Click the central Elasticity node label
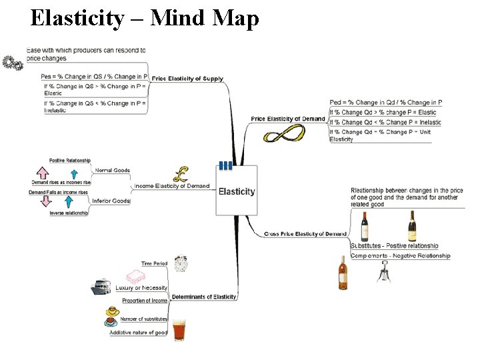coord(237,191)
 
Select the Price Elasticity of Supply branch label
coord(187,79)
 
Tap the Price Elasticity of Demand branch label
coord(288,119)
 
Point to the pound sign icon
coord(181,175)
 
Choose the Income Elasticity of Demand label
coord(172,186)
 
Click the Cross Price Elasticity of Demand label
coord(305,234)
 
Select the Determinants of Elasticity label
coord(204,296)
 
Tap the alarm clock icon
coord(181,264)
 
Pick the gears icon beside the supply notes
coord(12,63)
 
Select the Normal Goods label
coord(112,170)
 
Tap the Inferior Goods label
coord(111,201)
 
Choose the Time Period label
coord(154,263)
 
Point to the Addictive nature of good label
coord(139,332)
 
